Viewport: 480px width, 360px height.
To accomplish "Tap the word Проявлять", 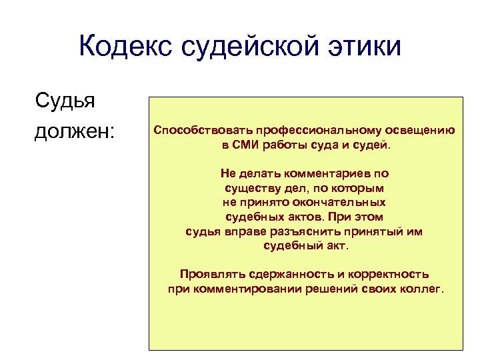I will pyautogui.click(x=209, y=274).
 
